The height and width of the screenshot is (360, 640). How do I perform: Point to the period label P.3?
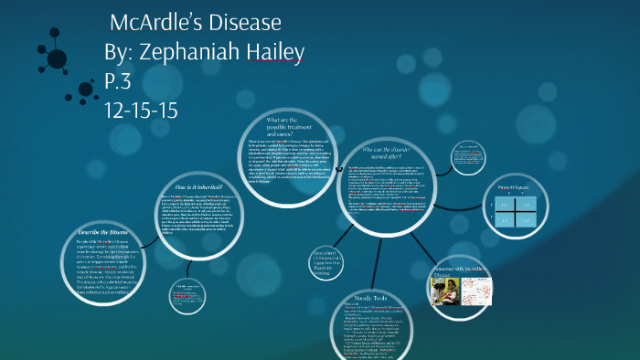[x=121, y=81]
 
